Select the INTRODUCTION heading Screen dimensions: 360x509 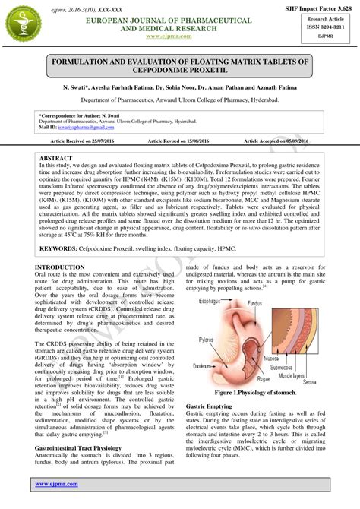(x=60, y=267)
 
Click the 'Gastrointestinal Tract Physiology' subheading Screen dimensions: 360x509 (x=84, y=449)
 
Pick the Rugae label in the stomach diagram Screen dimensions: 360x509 (x=264, y=379)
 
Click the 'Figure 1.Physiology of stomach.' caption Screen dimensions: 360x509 (x=259, y=394)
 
